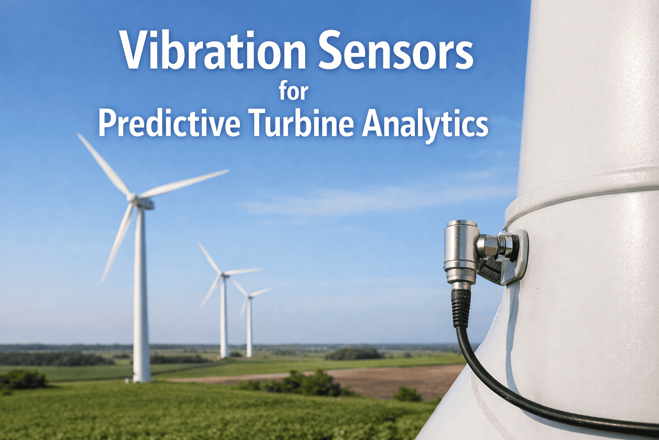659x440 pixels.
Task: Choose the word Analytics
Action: (x=425, y=124)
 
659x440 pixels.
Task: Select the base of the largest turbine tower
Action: (x=141, y=377)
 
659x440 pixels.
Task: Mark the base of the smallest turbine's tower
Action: (x=249, y=354)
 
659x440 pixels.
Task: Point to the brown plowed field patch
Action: (x=386, y=378)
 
